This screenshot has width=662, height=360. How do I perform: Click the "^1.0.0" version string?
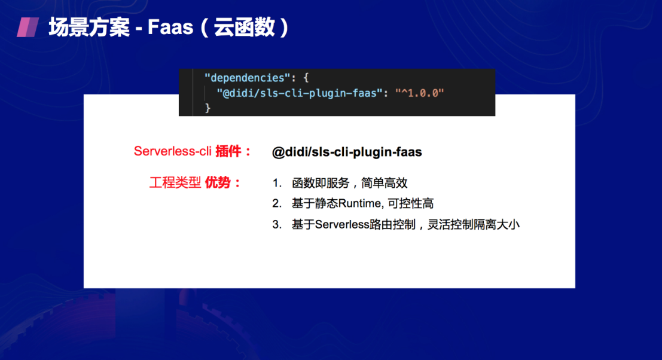(x=419, y=93)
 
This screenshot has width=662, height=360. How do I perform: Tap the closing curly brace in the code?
(x=208, y=108)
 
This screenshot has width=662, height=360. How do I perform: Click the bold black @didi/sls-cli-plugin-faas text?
(x=347, y=152)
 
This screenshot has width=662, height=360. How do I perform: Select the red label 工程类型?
(x=175, y=183)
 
